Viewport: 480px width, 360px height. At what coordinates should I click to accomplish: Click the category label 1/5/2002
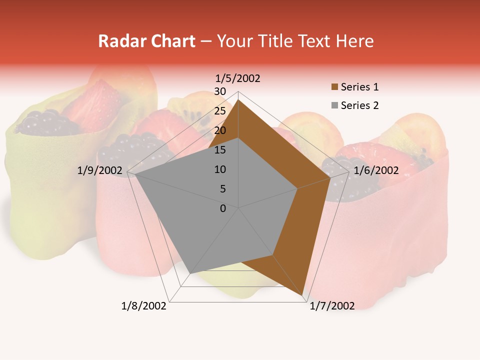coord(237,78)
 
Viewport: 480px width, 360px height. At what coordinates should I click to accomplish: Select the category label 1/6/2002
coord(376,170)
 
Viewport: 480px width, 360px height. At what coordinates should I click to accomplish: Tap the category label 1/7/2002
coord(332,306)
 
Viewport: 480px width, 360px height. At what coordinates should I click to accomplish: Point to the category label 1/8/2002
coord(144,306)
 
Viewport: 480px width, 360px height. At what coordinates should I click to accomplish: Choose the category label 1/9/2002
coord(100,170)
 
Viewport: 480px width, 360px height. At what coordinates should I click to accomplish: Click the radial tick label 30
coord(220,91)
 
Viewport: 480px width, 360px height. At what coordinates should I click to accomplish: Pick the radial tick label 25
coord(220,111)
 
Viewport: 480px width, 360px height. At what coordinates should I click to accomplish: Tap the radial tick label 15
coord(220,150)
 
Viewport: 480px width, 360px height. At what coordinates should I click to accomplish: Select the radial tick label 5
coord(222,189)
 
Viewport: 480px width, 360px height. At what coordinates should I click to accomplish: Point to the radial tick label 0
coord(223,208)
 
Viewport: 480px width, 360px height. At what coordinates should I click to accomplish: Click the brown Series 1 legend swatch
coord(335,87)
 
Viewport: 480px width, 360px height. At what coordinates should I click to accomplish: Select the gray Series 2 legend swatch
coord(335,106)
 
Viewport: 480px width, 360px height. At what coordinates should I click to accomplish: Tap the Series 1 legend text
coord(359,87)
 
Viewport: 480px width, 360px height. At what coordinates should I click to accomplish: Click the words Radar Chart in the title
coord(146,41)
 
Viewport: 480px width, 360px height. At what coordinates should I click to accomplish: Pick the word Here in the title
coord(354,41)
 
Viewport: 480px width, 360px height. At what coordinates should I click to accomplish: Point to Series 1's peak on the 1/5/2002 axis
coord(238,100)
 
